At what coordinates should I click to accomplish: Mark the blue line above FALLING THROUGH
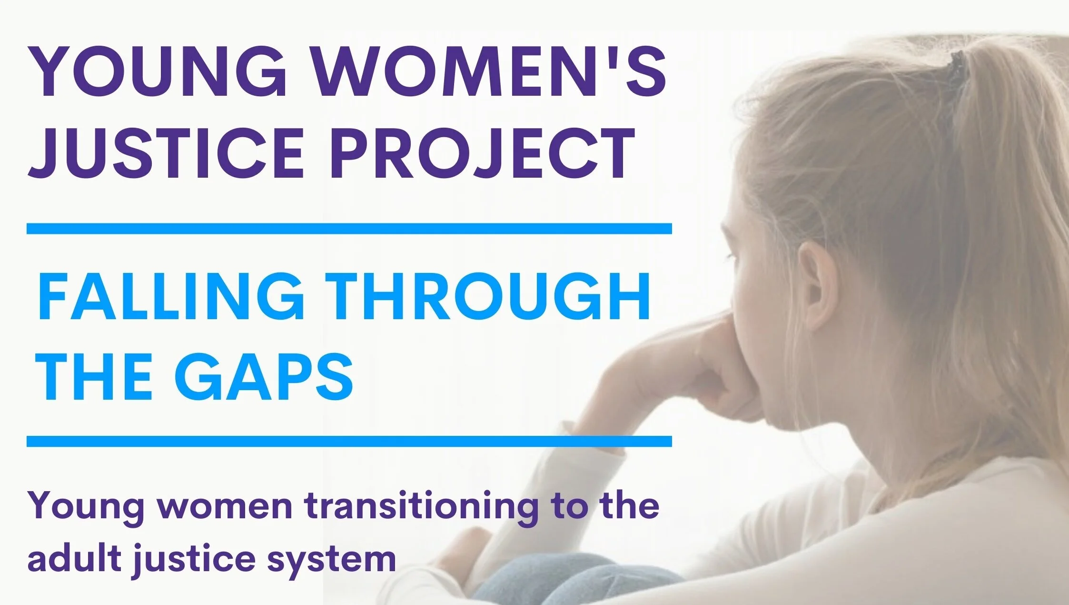pos(349,229)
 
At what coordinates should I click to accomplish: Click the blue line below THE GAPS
pos(349,441)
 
